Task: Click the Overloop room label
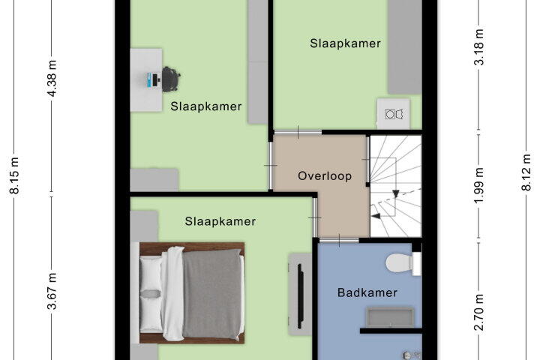coord(325,176)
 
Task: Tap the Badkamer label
coord(367,292)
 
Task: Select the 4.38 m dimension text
coord(52,79)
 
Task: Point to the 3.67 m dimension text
coord(52,292)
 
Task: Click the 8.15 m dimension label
coord(14,175)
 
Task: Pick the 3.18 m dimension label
coord(479,47)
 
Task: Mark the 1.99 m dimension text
coord(479,186)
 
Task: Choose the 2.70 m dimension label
coord(479,313)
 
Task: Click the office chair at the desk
coord(170,79)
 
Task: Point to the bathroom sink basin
coord(390,317)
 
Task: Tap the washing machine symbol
coord(394,114)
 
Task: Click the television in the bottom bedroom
coord(300,296)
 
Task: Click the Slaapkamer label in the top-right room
coord(346,43)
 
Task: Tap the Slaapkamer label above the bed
coord(220,221)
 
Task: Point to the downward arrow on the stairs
coord(396,193)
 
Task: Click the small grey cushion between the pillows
coord(150,294)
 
